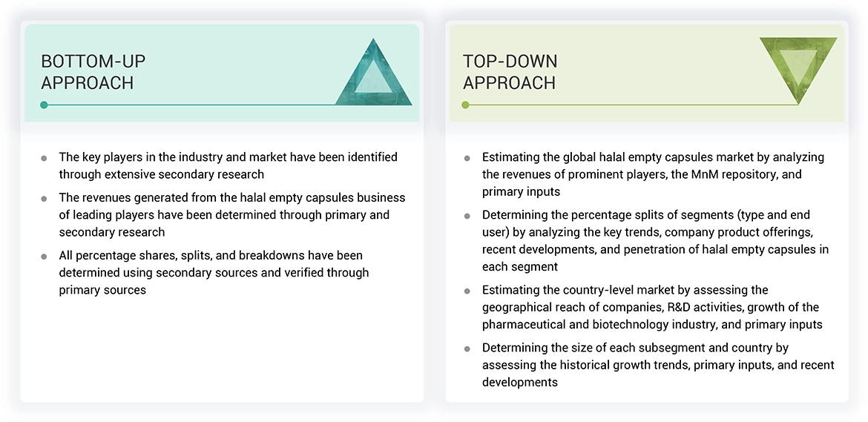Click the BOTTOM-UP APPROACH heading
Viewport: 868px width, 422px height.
tap(93, 73)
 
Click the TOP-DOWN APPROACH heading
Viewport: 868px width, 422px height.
tap(510, 73)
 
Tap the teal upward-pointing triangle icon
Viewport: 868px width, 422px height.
tap(374, 72)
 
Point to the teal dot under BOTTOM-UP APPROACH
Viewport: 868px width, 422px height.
tap(45, 105)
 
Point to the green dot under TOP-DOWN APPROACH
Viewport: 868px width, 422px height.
tap(466, 105)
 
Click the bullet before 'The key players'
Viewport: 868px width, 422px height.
tap(44, 159)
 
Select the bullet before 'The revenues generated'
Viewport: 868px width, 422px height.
tap(44, 200)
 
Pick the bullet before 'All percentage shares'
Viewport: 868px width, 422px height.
tap(44, 257)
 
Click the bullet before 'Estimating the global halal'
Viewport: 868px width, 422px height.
tap(467, 159)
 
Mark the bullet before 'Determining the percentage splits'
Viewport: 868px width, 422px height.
tap(467, 216)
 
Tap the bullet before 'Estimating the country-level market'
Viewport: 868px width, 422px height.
tap(467, 291)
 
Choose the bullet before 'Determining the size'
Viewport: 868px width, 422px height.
tap(467, 349)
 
